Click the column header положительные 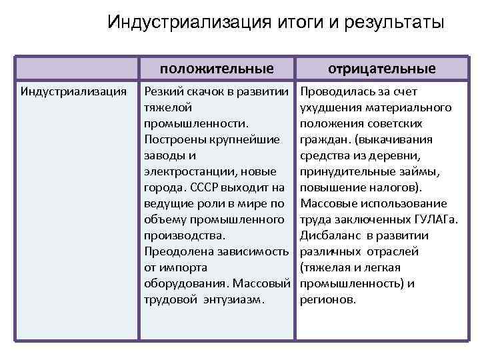tap(217, 68)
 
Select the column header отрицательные tap(382, 68)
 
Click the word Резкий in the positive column tap(162, 91)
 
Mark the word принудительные tap(345, 171)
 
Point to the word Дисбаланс tap(331, 235)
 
